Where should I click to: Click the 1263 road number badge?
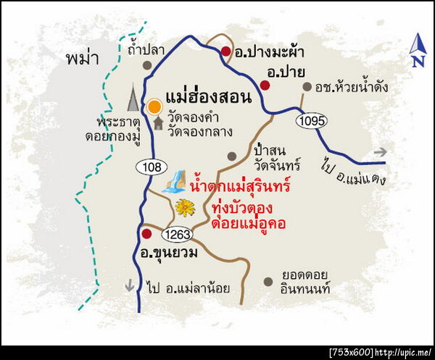click(177, 234)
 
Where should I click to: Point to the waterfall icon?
click(175, 181)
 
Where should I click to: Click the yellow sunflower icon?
click(185, 209)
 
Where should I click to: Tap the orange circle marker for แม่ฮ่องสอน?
click(154, 107)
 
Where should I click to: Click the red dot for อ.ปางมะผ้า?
click(225, 51)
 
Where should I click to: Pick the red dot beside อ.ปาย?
click(265, 85)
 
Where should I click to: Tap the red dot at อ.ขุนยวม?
click(146, 234)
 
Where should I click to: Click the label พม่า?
click(80, 57)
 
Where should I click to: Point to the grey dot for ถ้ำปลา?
click(147, 65)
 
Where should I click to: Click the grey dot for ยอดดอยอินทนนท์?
click(268, 282)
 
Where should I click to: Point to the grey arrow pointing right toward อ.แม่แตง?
click(378, 152)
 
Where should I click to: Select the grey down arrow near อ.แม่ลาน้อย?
click(130, 285)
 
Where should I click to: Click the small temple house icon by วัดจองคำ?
click(158, 123)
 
